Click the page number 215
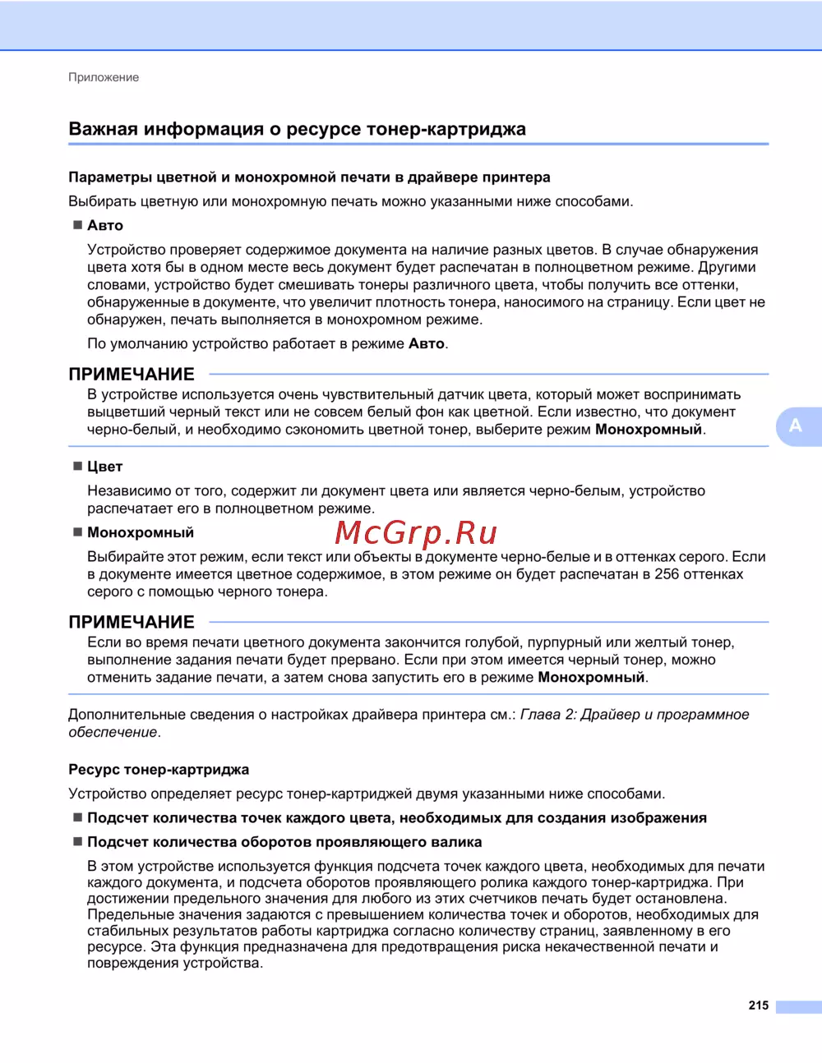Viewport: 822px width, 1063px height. [758, 1005]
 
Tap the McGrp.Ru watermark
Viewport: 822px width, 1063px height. [417, 534]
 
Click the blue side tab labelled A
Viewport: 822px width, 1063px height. [796, 426]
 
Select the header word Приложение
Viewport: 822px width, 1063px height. [104, 77]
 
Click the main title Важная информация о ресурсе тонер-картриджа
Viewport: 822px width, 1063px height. [297, 129]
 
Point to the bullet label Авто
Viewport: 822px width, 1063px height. [105, 225]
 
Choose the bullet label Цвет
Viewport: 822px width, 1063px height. [104, 467]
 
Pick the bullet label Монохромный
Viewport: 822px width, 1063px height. [141, 532]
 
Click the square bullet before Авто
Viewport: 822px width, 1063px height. [78, 225]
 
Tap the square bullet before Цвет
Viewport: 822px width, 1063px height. [78, 467]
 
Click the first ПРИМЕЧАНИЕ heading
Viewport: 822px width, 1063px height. [132, 375]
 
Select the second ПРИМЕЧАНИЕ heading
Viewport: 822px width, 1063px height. [132, 623]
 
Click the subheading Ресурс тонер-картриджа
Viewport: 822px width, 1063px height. [159, 770]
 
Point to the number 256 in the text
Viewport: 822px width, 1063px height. [667, 574]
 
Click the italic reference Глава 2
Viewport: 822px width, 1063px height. [547, 715]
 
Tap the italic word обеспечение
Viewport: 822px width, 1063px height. [113, 732]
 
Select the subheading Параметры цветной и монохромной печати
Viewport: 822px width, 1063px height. [309, 177]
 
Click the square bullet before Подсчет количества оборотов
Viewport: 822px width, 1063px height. [78, 842]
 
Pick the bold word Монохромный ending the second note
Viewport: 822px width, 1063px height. [591, 678]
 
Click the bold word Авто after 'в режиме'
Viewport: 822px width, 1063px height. [426, 344]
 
